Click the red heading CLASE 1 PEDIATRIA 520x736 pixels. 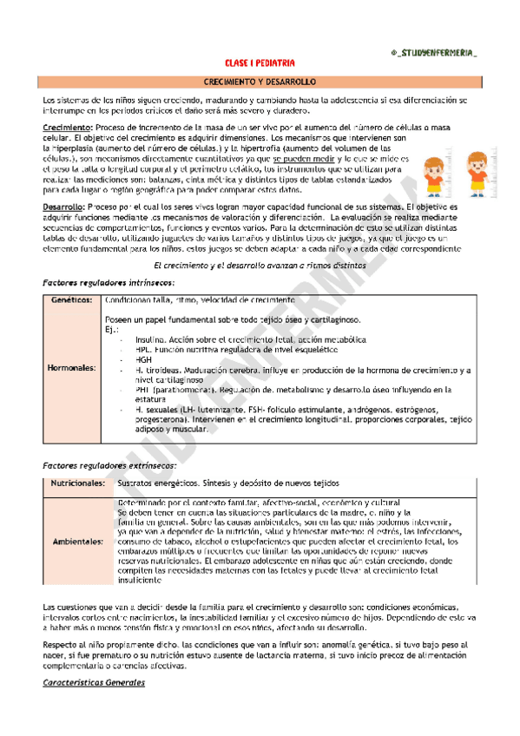pyautogui.click(x=260, y=62)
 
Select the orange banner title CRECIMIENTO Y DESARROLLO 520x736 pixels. pyautogui.click(x=260, y=81)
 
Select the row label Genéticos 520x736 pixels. pyautogui.click(x=72, y=299)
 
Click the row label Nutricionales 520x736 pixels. pyautogui.click(x=77, y=483)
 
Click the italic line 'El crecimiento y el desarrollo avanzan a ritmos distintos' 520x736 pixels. pyautogui.click(x=260, y=265)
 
